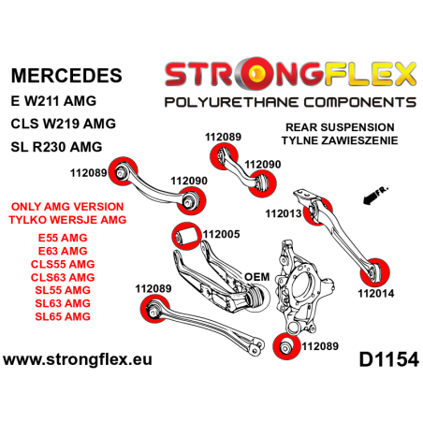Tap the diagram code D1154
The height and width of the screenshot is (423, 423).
[x=384, y=359]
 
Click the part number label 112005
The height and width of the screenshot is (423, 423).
[x=222, y=234]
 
